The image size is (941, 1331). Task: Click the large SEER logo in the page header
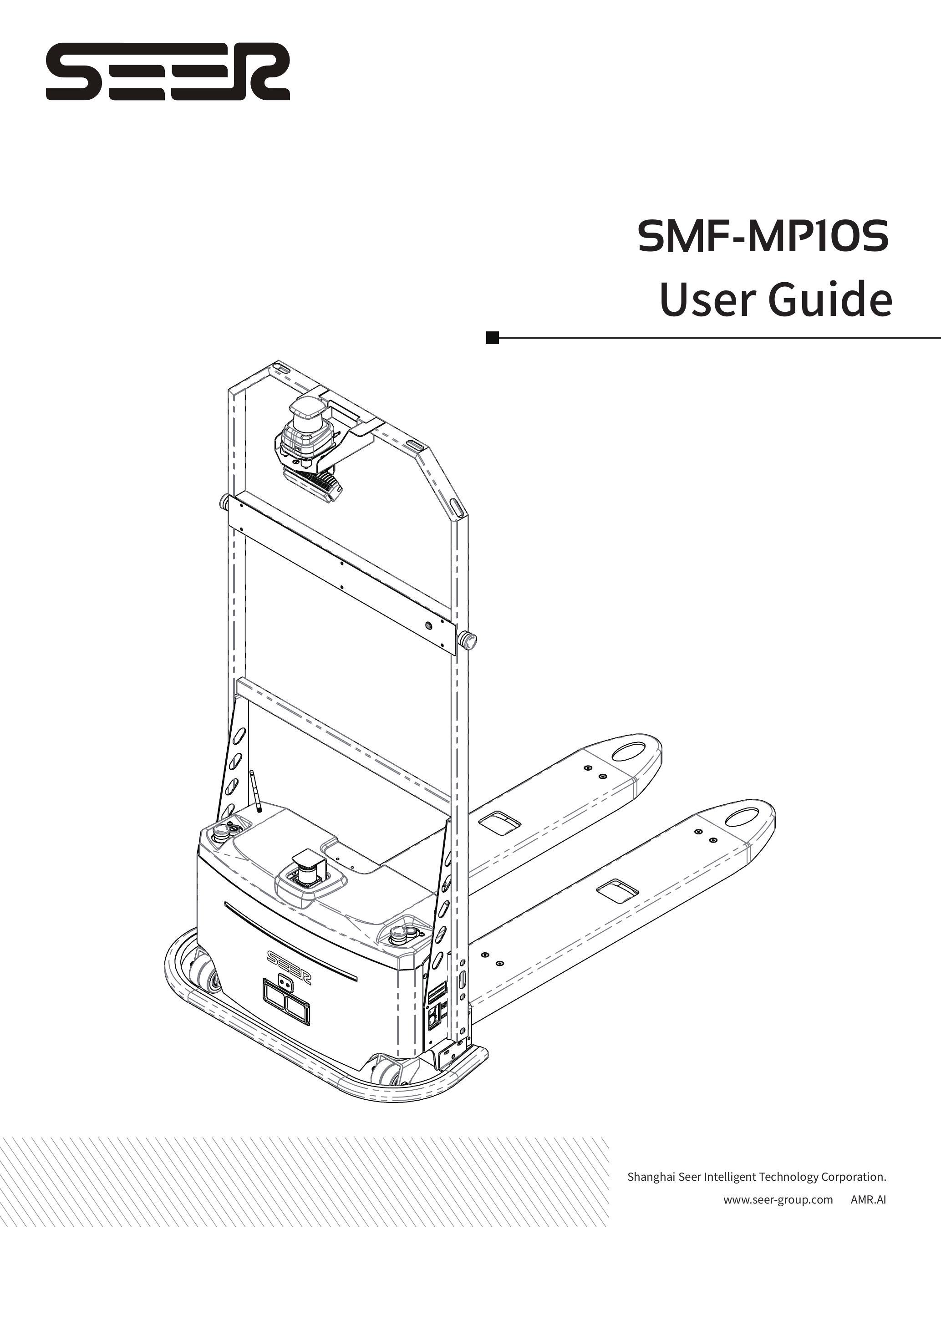(x=168, y=71)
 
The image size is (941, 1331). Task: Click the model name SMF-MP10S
(x=763, y=237)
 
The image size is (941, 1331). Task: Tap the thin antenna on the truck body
(x=254, y=791)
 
